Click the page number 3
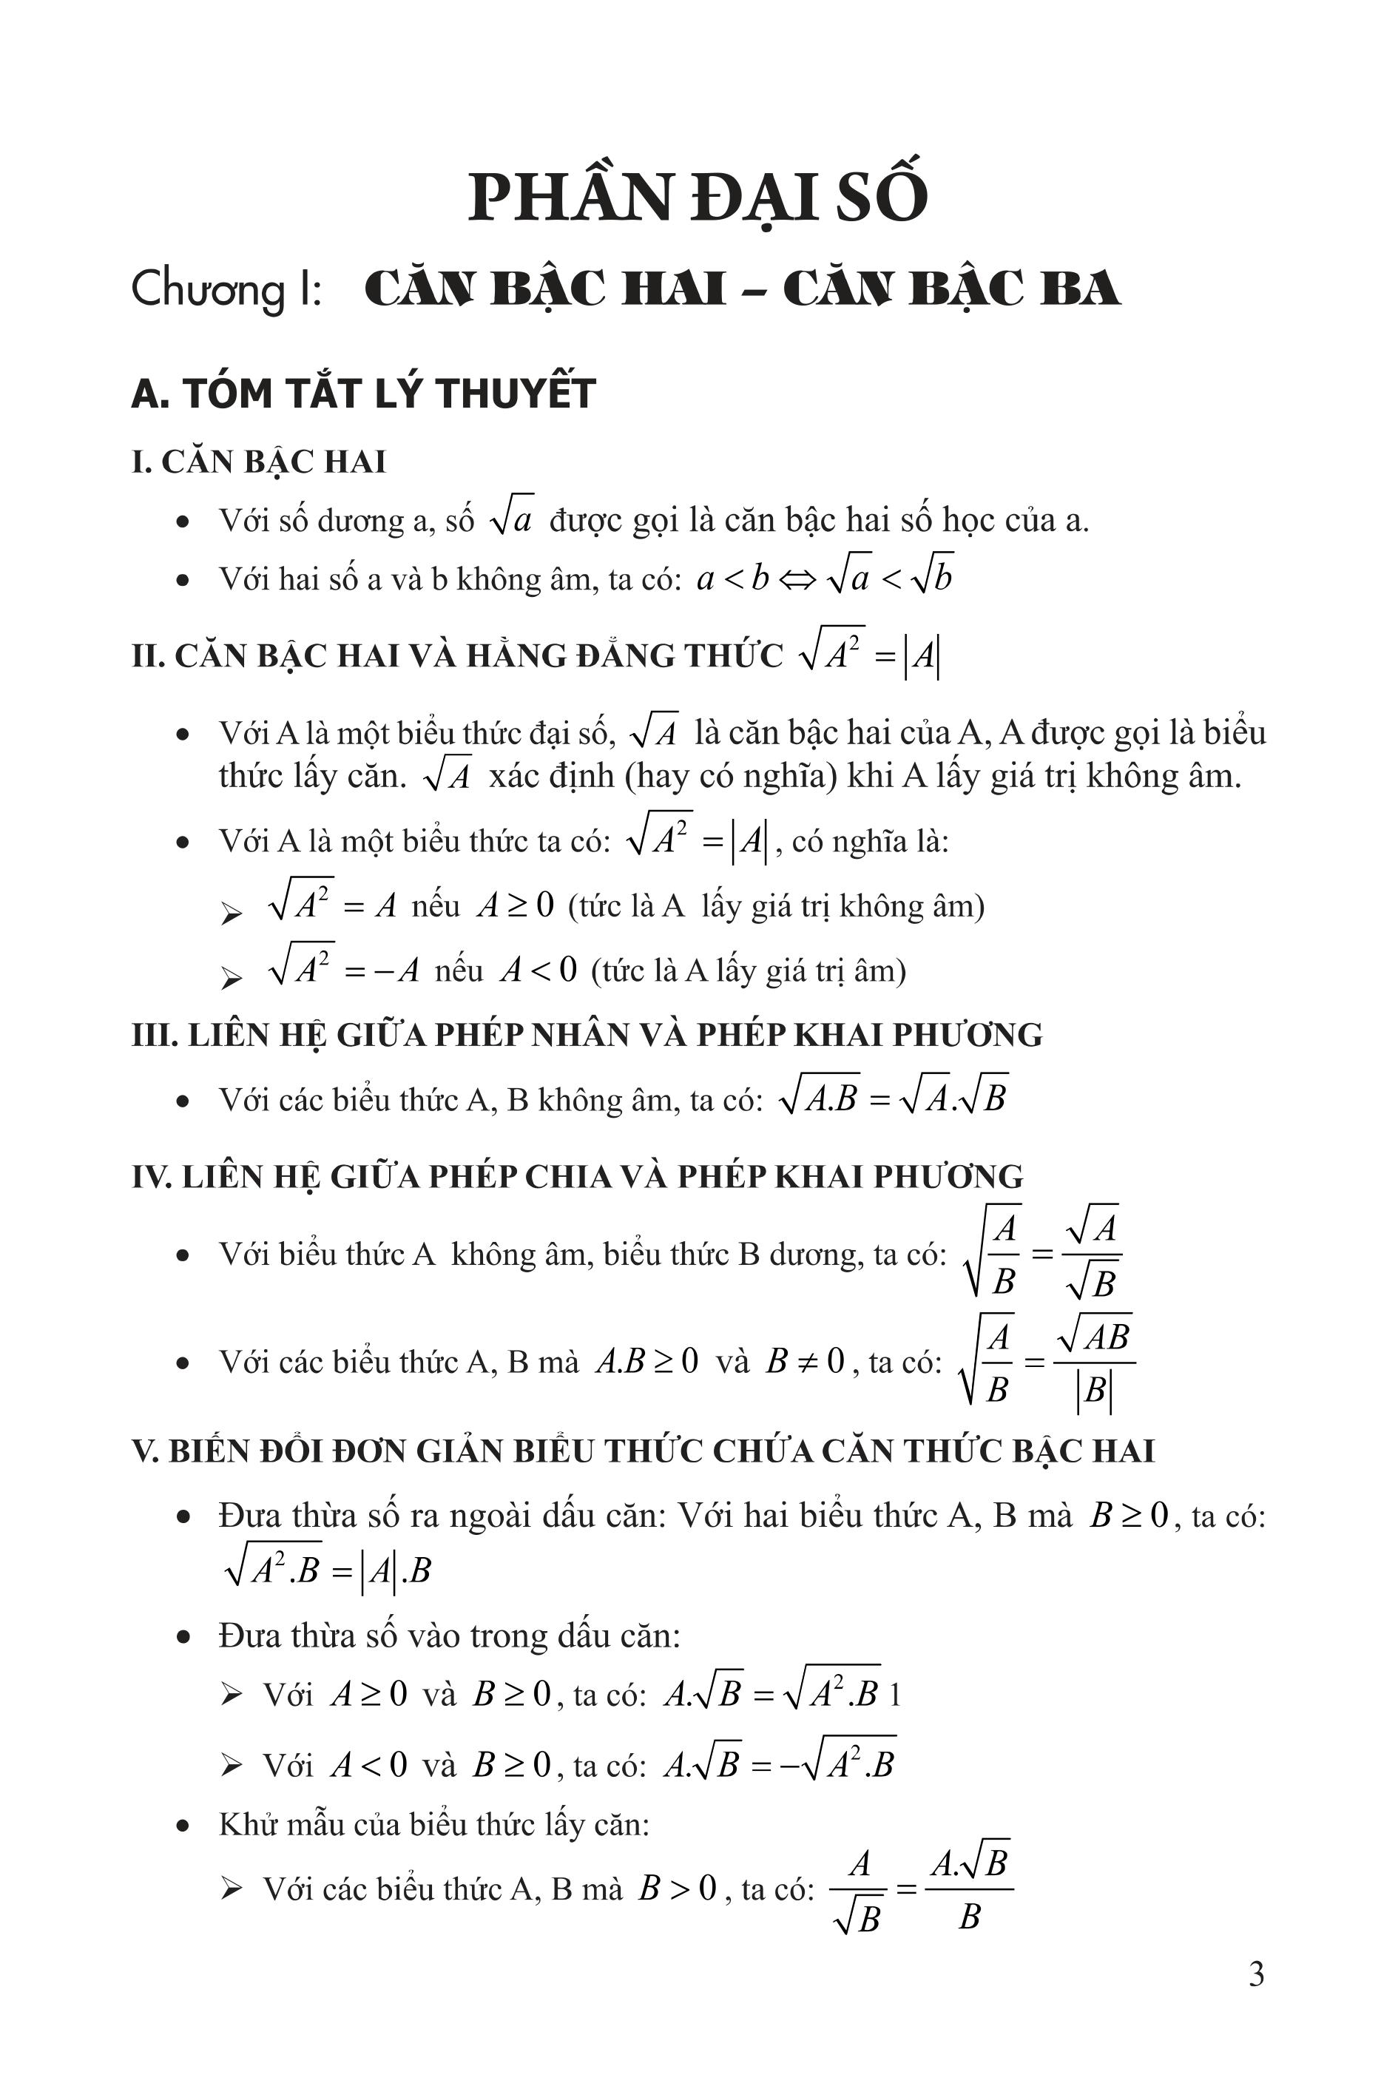point(1255,1974)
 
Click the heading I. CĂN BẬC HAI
point(259,462)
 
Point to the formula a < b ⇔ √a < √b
point(825,578)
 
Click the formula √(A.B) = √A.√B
point(893,1098)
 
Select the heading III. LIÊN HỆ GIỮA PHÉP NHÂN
point(587,1034)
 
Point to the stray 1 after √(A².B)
point(895,1695)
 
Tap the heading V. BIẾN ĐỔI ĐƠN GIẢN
point(642,1451)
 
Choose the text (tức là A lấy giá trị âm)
point(748,970)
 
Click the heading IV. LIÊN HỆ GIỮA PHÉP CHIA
point(577,1177)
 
